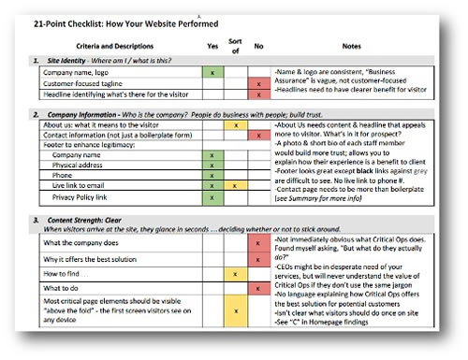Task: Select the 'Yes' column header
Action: click(212, 44)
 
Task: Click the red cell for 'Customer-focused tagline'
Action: click(256, 83)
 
